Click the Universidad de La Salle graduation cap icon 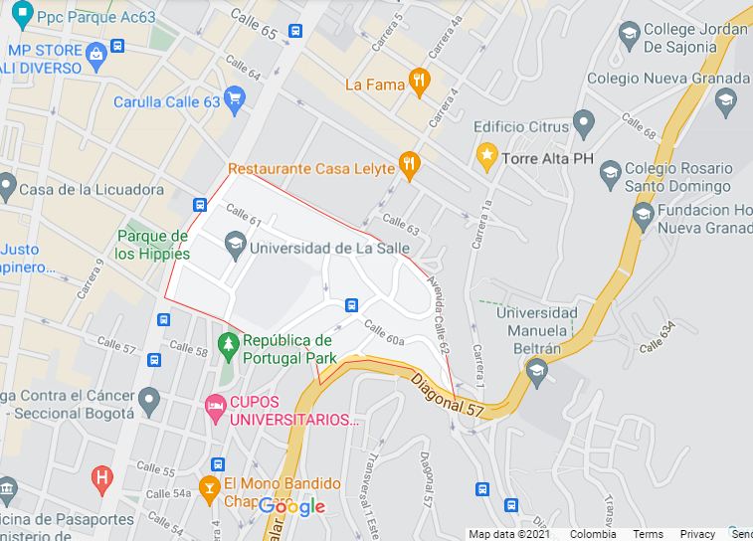coord(235,241)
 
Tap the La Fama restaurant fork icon coord(420,84)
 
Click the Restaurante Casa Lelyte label coord(311,169)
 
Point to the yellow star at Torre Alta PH coord(486,155)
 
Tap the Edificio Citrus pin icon coord(584,123)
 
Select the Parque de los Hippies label coord(152,245)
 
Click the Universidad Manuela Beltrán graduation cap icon coord(537,372)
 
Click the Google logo coord(292,507)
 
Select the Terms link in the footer coord(648,534)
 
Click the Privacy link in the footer coord(697,534)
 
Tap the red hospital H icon coord(100,477)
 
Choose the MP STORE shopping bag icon coord(96,53)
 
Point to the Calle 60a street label coord(384,332)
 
